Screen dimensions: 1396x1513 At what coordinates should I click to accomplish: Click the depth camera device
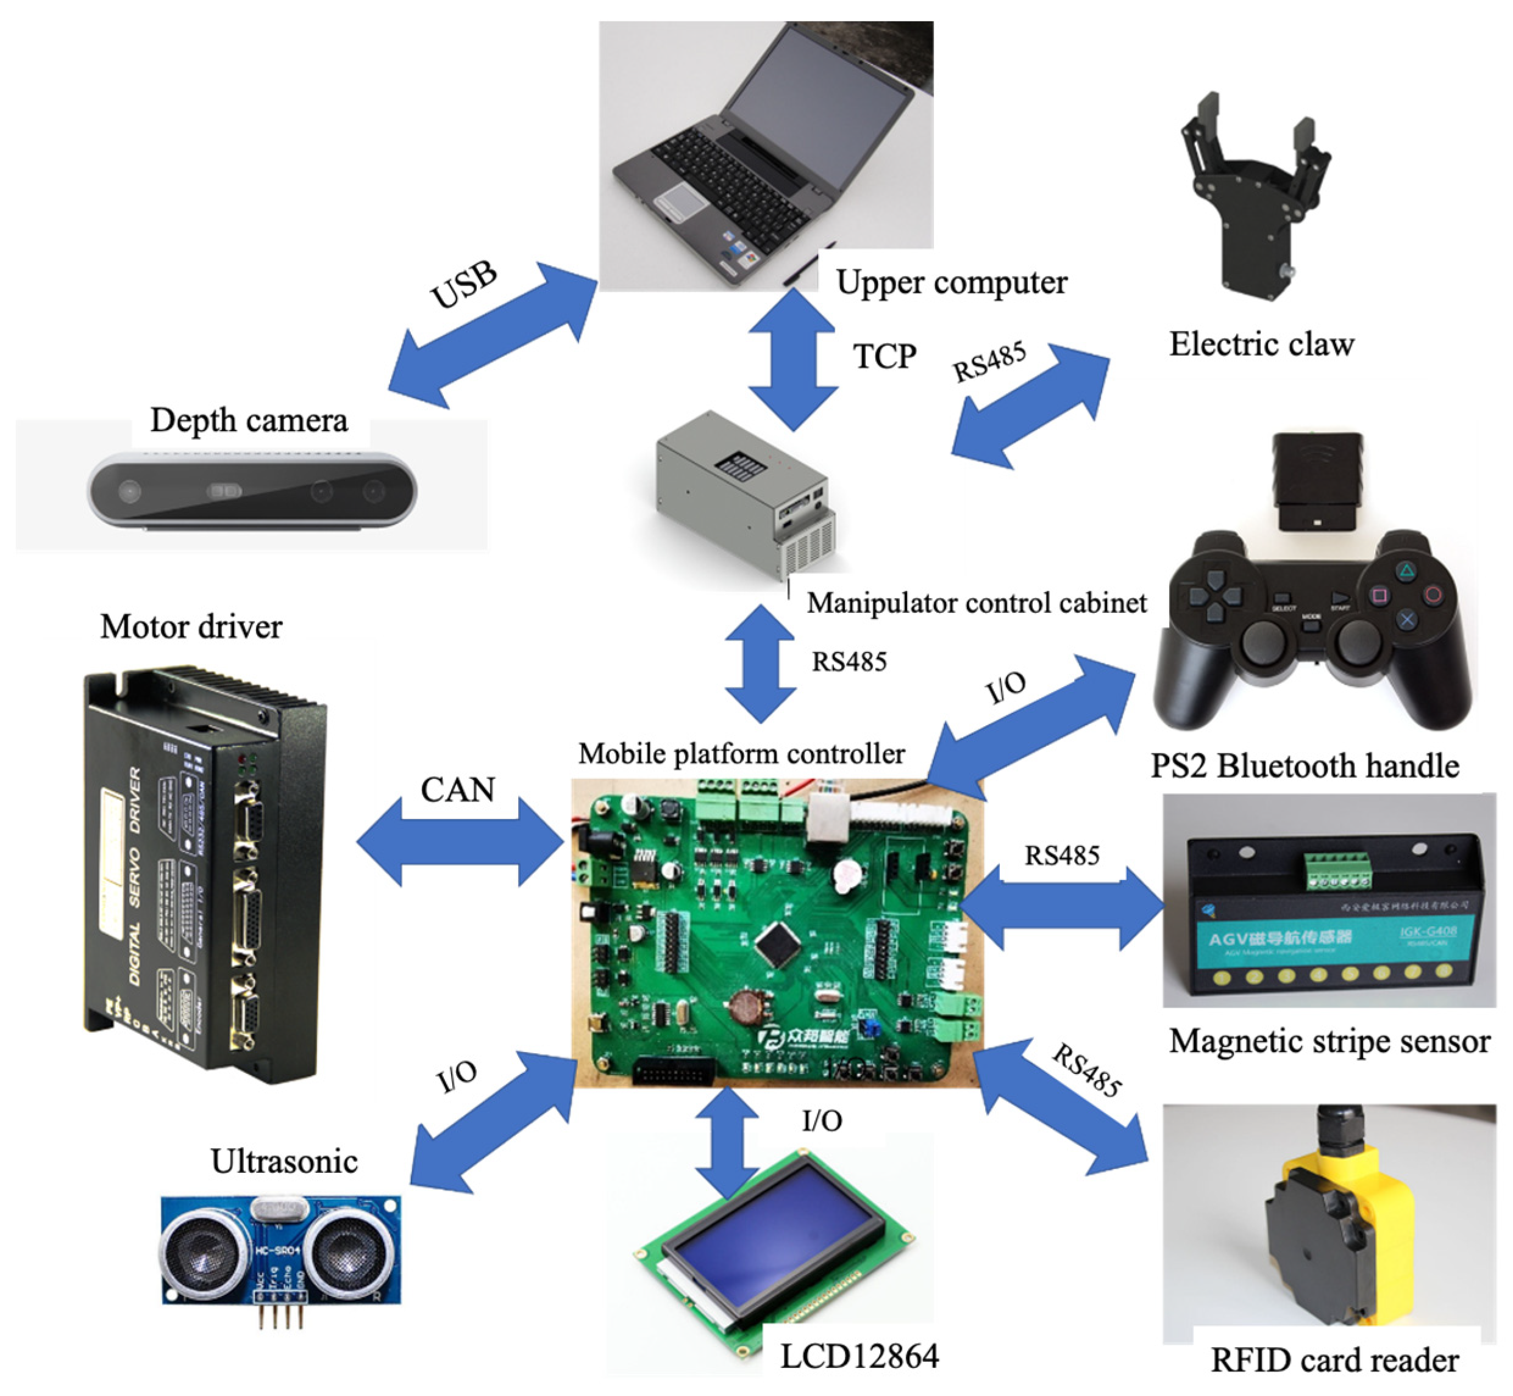(251, 492)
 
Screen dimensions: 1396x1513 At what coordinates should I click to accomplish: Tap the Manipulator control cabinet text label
(976, 603)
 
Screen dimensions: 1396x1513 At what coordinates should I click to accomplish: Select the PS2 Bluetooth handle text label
(1304, 766)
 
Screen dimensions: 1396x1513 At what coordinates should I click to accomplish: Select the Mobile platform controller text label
(741, 754)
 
